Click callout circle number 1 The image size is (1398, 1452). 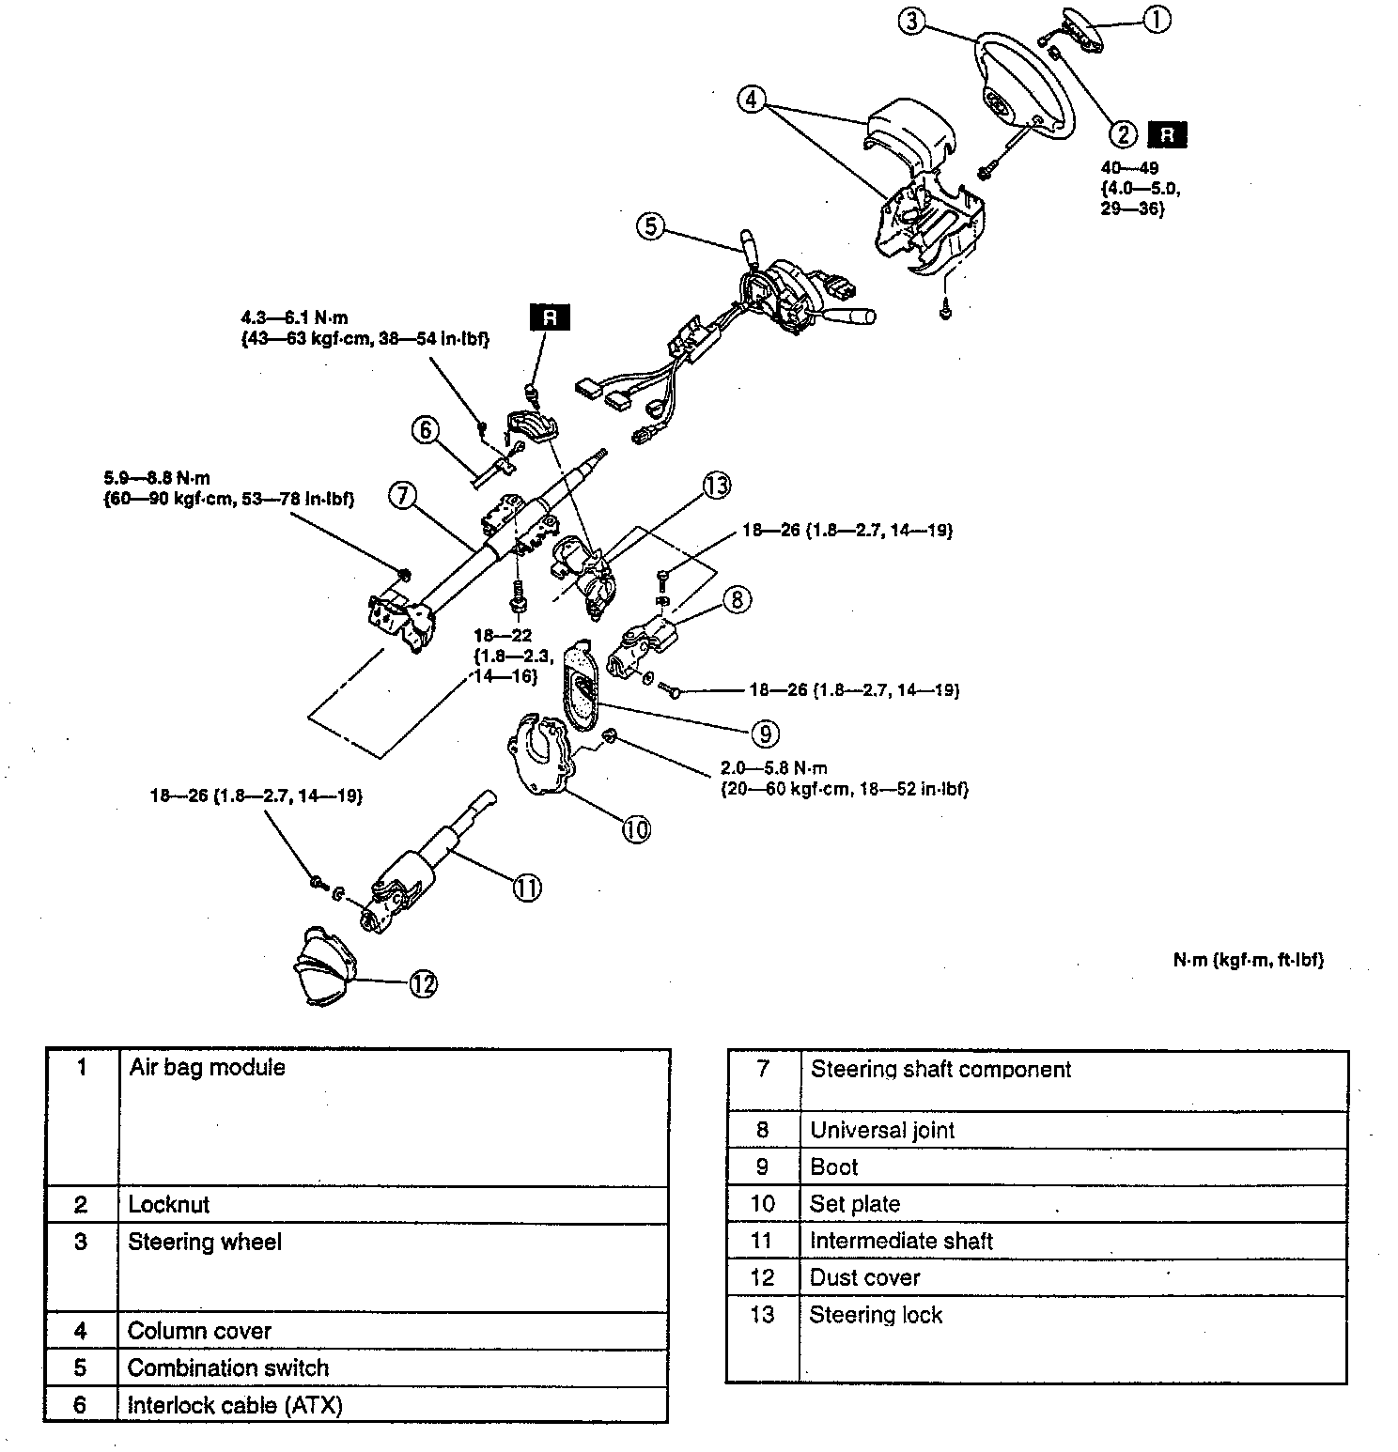pos(1157,19)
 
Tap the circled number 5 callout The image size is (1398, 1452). pos(650,226)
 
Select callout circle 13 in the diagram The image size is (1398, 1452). pos(717,486)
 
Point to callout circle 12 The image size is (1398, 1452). pos(423,983)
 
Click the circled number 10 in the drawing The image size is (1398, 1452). pos(636,829)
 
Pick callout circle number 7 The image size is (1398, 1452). pos(402,495)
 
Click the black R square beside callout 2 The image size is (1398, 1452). pos(1167,135)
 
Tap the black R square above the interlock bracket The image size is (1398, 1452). pos(551,317)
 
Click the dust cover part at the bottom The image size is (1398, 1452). pos(325,966)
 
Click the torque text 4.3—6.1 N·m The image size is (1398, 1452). pos(293,318)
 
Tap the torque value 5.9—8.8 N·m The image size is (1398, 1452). pos(157,478)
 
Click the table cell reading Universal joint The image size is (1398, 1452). pos(882,1130)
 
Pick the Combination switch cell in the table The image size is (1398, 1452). pos(228,1367)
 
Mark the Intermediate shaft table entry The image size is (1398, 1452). pos(901,1241)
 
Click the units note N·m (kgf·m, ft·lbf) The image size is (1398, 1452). pos(1248,961)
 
